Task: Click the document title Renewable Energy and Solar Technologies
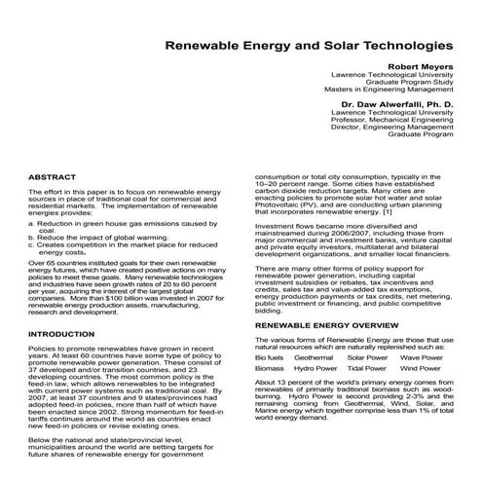click(x=308, y=45)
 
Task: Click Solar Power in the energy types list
click(x=366, y=357)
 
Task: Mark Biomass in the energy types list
click(x=270, y=370)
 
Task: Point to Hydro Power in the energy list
click(x=315, y=370)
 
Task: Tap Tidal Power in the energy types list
click(x=366, y=370)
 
